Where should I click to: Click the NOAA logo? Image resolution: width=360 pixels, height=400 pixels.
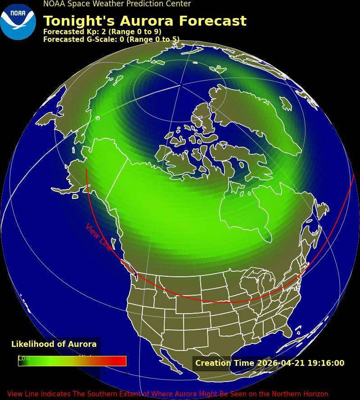pyautogui.click(x=18, y=21)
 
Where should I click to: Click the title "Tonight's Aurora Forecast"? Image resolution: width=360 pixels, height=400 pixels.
pyautogui.click(x=144, y=21)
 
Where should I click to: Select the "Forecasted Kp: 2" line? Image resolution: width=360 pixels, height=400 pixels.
pyautogui.click(x=102, y=32)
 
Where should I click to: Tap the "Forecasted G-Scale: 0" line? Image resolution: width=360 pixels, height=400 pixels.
pyautogui.click(x=111, y=40)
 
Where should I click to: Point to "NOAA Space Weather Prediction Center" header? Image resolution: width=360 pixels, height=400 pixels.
pyautogui.click(x=117, y=4)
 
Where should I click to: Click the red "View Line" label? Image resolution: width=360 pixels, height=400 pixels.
pyautogui.click(x=98, y=237)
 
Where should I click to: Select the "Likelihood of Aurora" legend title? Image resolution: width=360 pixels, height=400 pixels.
pyautogui.click(x=54, y=344)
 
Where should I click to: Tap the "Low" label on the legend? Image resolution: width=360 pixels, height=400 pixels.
pyautogui.click(x=24, y=358)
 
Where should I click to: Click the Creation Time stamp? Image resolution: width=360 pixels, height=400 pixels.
pyautogui.click(x=270, y=363)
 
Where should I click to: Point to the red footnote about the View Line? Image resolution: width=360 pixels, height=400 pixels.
pyautogui.click(x=167, y=394)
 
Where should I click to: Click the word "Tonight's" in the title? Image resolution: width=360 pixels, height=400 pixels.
pyautogui.click(x=76, y=21)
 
